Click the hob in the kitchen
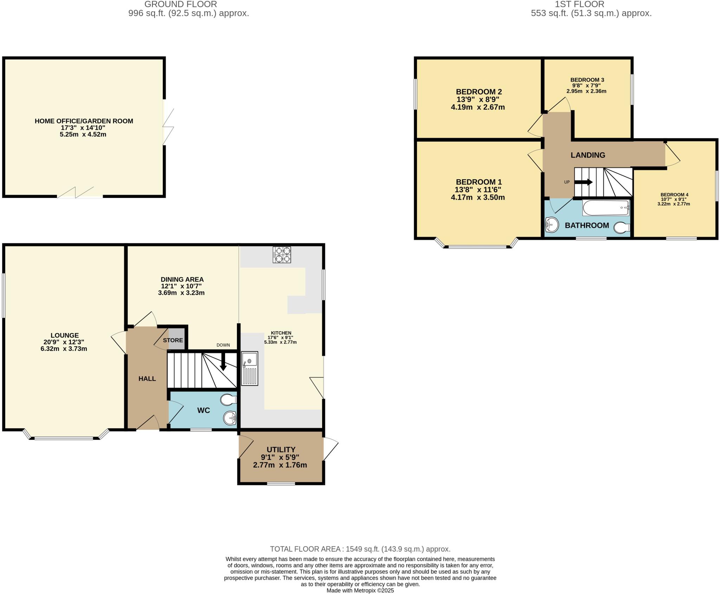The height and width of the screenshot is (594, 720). pyautogui.click(x=282, y=255)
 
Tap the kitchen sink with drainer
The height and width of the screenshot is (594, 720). pyautogui.click(x=250, y=369)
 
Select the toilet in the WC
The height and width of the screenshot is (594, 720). pyautogui.click(x=229, y=400)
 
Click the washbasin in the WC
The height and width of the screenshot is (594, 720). pyautogui.click(x=230, y=418)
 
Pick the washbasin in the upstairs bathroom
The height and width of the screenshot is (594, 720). pyautogui.click(x=552, y=224)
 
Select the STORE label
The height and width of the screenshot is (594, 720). pyautogui.click(x=173, y=340)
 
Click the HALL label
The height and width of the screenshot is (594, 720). pyautogui.click(x=147, y=379)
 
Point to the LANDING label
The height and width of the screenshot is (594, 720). pyautogui.click(x=588, y=155)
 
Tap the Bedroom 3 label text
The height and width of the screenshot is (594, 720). pyautogui.click(x=587, y=80)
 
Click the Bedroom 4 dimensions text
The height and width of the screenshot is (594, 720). pyautogui.click(x=674, y=202)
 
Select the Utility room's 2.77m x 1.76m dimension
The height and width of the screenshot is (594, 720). pyautogui.click(x=280, y=465)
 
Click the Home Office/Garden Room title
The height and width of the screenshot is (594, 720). pyautogui.click(x=84, y=121)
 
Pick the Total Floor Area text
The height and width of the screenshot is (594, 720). pyautogui.click(x=360, y=549)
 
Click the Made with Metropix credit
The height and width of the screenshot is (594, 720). pyautogui.click(x=360, y=590)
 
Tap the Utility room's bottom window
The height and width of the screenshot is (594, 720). pyautogui.click(x=281, y=484)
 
